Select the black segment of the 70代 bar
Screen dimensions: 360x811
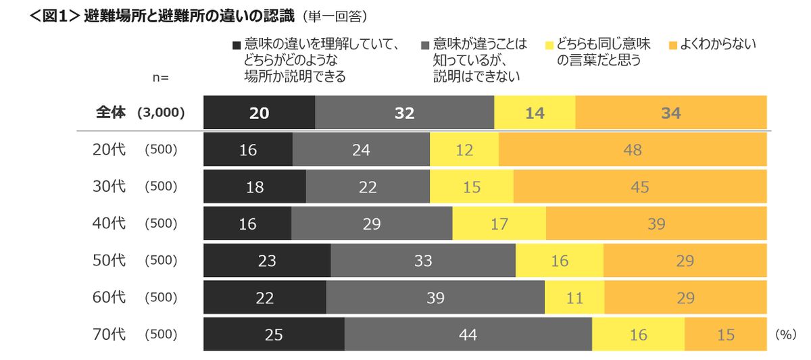274,334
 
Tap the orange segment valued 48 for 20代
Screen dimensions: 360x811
633,149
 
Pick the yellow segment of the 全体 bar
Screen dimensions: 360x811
535,113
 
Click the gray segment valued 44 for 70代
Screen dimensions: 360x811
468,334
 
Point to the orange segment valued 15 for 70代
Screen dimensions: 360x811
725,334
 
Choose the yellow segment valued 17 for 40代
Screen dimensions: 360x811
499,224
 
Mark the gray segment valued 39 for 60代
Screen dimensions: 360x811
435,297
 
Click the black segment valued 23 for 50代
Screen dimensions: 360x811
267,260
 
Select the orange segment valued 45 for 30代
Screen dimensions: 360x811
640,186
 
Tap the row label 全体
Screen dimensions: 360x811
110,113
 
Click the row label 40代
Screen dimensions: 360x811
109,224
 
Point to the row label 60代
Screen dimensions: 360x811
109,297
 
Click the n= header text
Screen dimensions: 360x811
160,77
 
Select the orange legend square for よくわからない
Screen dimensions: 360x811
672,46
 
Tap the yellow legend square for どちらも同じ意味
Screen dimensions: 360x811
549,46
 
